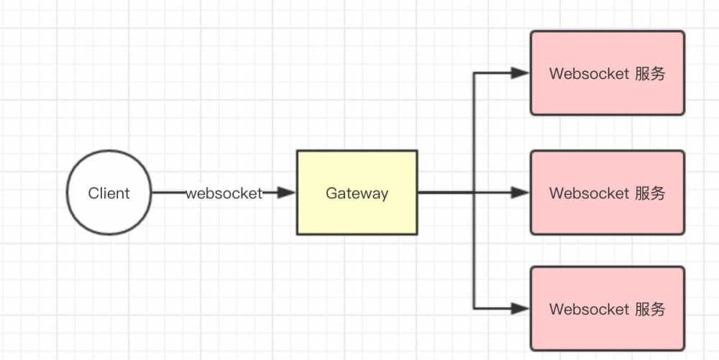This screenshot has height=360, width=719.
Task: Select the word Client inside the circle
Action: click(x=109, y=193)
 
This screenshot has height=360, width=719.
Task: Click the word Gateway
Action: click(x=357, y=193)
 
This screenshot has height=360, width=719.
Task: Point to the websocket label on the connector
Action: click(x=224, y=193)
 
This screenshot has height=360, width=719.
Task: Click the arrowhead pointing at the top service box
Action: click(x=520, y=73)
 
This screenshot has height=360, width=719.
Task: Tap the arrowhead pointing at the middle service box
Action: click(x=520, y=193)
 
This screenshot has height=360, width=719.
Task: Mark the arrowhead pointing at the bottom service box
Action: click(x=520, y=308)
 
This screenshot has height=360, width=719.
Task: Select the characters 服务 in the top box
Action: click(x=651, y=73)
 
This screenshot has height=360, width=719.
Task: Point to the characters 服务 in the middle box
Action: click(x=651, y=193)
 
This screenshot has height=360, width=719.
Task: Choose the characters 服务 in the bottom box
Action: click(x=651, y=309)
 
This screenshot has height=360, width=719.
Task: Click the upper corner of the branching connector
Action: click(x=474, y=73)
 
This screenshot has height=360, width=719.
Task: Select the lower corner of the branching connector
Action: click(x=474, y=308)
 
